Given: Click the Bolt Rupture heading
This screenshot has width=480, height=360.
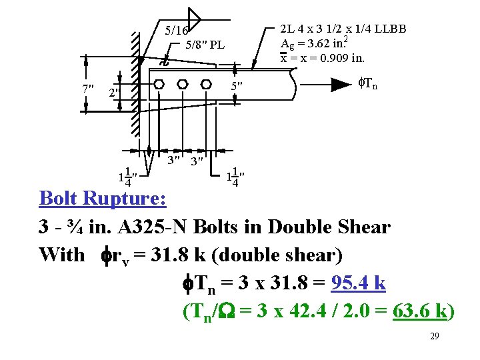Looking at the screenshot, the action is coord(103,199).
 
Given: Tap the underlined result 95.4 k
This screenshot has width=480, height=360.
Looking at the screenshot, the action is coord(357,283).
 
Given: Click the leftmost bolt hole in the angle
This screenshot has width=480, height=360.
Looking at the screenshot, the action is coord(159,85).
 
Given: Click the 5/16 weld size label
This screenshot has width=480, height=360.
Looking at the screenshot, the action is coord(176,31).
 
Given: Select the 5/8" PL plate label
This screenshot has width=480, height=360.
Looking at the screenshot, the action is coord(205,46).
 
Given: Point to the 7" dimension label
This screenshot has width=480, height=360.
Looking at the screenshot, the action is coord(87,89).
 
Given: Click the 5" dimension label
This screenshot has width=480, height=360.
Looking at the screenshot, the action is coord(237,87).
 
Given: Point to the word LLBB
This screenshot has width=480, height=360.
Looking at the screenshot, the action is coord(390,29).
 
